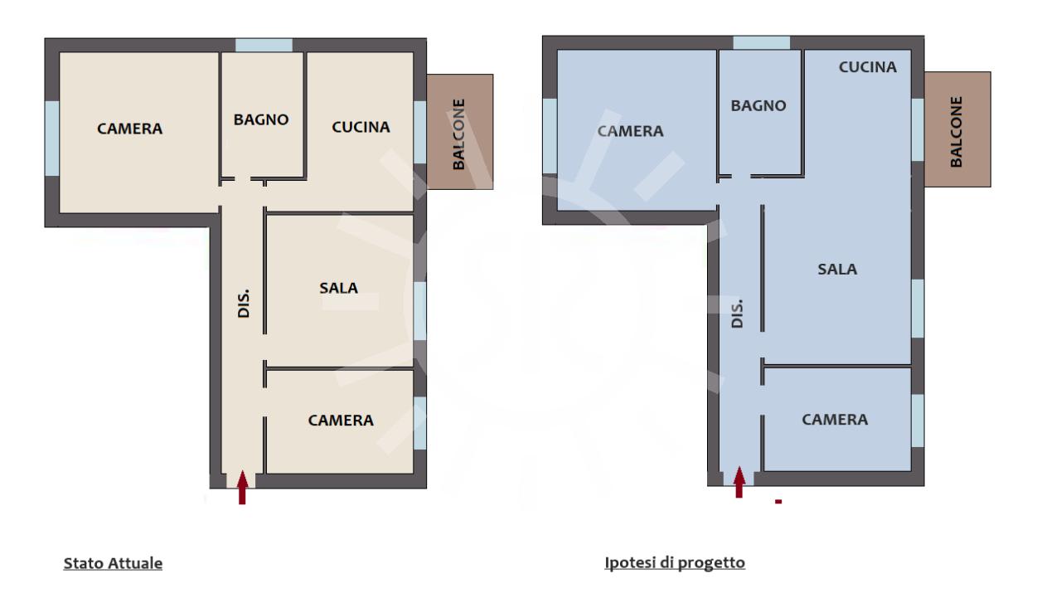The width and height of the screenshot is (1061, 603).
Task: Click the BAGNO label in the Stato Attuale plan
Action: [261, 119]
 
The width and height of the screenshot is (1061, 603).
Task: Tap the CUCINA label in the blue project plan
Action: [868, 67]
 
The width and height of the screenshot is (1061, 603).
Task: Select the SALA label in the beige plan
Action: [339, 288]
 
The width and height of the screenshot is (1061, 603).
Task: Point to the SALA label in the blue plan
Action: [837, 270]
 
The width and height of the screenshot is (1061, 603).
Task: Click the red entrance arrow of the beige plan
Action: [242, 488]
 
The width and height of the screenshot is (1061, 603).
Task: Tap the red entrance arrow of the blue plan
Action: [739, 482]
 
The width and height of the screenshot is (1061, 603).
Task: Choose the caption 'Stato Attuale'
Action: [113, 563]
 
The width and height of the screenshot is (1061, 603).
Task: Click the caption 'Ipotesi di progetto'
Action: [675, 562]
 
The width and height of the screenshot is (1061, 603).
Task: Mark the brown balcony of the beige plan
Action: [460, 132]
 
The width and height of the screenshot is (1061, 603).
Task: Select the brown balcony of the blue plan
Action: [957, 129]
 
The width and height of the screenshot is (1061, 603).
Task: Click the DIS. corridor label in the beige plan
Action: [244, 304]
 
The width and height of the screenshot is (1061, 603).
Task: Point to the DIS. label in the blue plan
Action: [737, 314]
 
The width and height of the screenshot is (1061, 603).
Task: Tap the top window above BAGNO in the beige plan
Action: [264, 45]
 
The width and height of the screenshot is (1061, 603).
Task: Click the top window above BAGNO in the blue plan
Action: [761, 42]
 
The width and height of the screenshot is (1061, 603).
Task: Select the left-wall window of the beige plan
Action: [52, 138]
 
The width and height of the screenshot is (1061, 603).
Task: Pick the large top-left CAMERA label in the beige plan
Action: [130, 129]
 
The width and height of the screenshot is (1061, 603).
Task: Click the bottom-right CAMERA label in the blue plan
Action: [835, 420]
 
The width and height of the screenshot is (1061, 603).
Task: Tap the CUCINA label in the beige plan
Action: [361, 127]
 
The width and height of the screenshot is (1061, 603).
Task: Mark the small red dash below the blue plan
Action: [778, 502]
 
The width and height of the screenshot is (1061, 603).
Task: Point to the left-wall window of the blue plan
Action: [550, 135]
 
